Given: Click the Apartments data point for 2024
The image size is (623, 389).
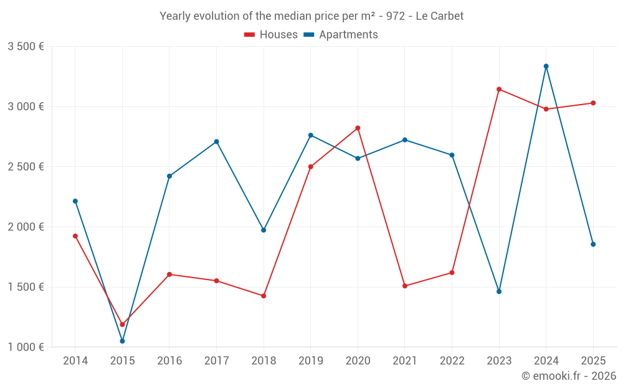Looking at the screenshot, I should [x=546, y=66].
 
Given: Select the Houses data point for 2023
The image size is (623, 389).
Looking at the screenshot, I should [x=499, y=89].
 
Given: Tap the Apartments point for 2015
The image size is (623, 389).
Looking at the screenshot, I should [x=122, y=341].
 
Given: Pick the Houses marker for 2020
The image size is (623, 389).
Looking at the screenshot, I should [x=358, y=128].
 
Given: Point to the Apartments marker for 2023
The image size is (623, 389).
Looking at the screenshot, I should [x=499, y=291].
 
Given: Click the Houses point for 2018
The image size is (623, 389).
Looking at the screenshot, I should [x=264, y=296].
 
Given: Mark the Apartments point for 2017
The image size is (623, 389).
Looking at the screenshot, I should [x=216, y=142].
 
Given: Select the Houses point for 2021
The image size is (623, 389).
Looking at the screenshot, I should [x=405, y=286].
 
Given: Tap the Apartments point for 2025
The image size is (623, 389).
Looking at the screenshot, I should [x=593, y=244].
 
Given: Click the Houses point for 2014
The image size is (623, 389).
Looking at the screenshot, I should [x=75, y=236].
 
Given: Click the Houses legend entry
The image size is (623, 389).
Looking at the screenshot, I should [x=271, y=35].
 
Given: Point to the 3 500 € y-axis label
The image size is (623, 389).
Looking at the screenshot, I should [x=26, y=47].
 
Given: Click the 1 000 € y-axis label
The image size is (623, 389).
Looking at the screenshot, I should [x=26, y=347].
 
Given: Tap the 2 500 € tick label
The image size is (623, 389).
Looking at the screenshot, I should [x=26, y=167].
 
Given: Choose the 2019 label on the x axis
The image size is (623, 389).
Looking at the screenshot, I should [x=310, y=361].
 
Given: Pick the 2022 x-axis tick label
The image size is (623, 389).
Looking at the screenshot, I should [x=452, y=361].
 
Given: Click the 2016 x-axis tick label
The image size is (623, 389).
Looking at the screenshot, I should [x=169, y=361].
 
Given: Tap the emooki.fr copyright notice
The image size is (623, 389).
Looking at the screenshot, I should [x=569, y=376].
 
